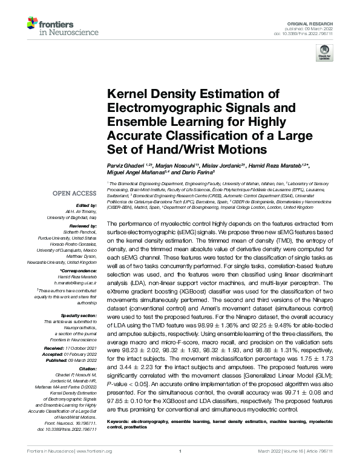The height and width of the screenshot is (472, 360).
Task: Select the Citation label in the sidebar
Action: (x=88, y=368)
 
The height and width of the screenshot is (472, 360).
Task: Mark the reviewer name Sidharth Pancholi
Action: (x=80, y=232)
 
